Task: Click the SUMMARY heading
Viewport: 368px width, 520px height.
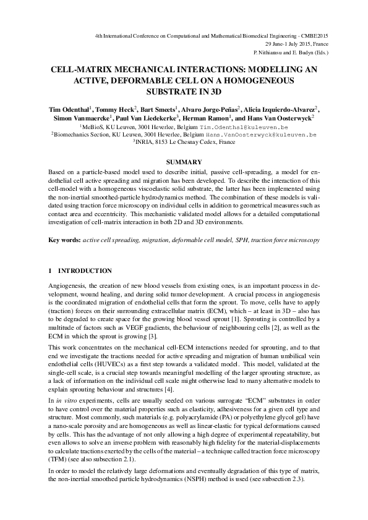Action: coord(184,162)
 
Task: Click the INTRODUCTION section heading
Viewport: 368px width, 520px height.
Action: coord(85,271)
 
